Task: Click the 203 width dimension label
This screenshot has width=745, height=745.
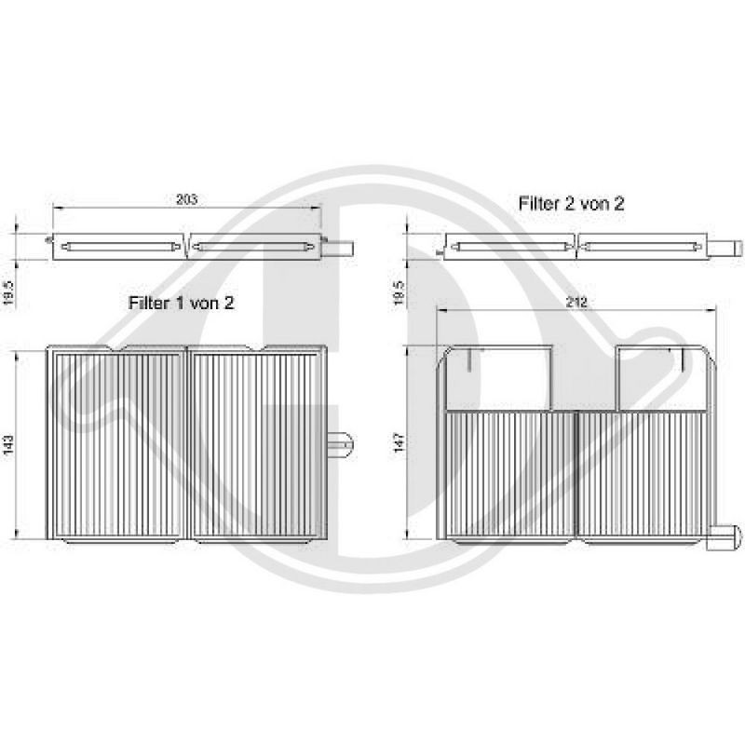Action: coord(187,198)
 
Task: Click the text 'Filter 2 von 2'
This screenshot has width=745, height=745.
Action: coord(570,204)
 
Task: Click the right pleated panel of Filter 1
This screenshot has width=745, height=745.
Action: coord(258,444)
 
